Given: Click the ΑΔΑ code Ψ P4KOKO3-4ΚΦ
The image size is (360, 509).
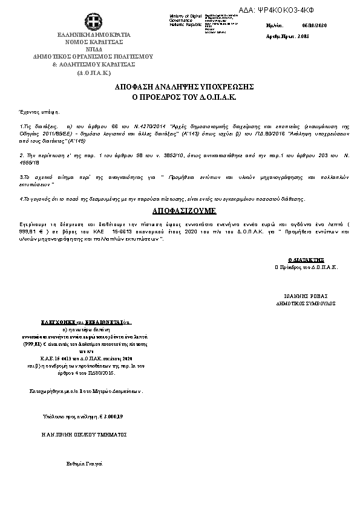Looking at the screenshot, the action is [x=303, y=10].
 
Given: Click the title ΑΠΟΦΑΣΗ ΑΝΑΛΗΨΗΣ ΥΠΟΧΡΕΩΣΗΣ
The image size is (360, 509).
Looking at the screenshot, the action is [x=184, y=87].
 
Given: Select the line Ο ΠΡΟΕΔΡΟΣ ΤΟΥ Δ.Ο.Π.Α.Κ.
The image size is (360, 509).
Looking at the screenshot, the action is [x=184, y=97].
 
